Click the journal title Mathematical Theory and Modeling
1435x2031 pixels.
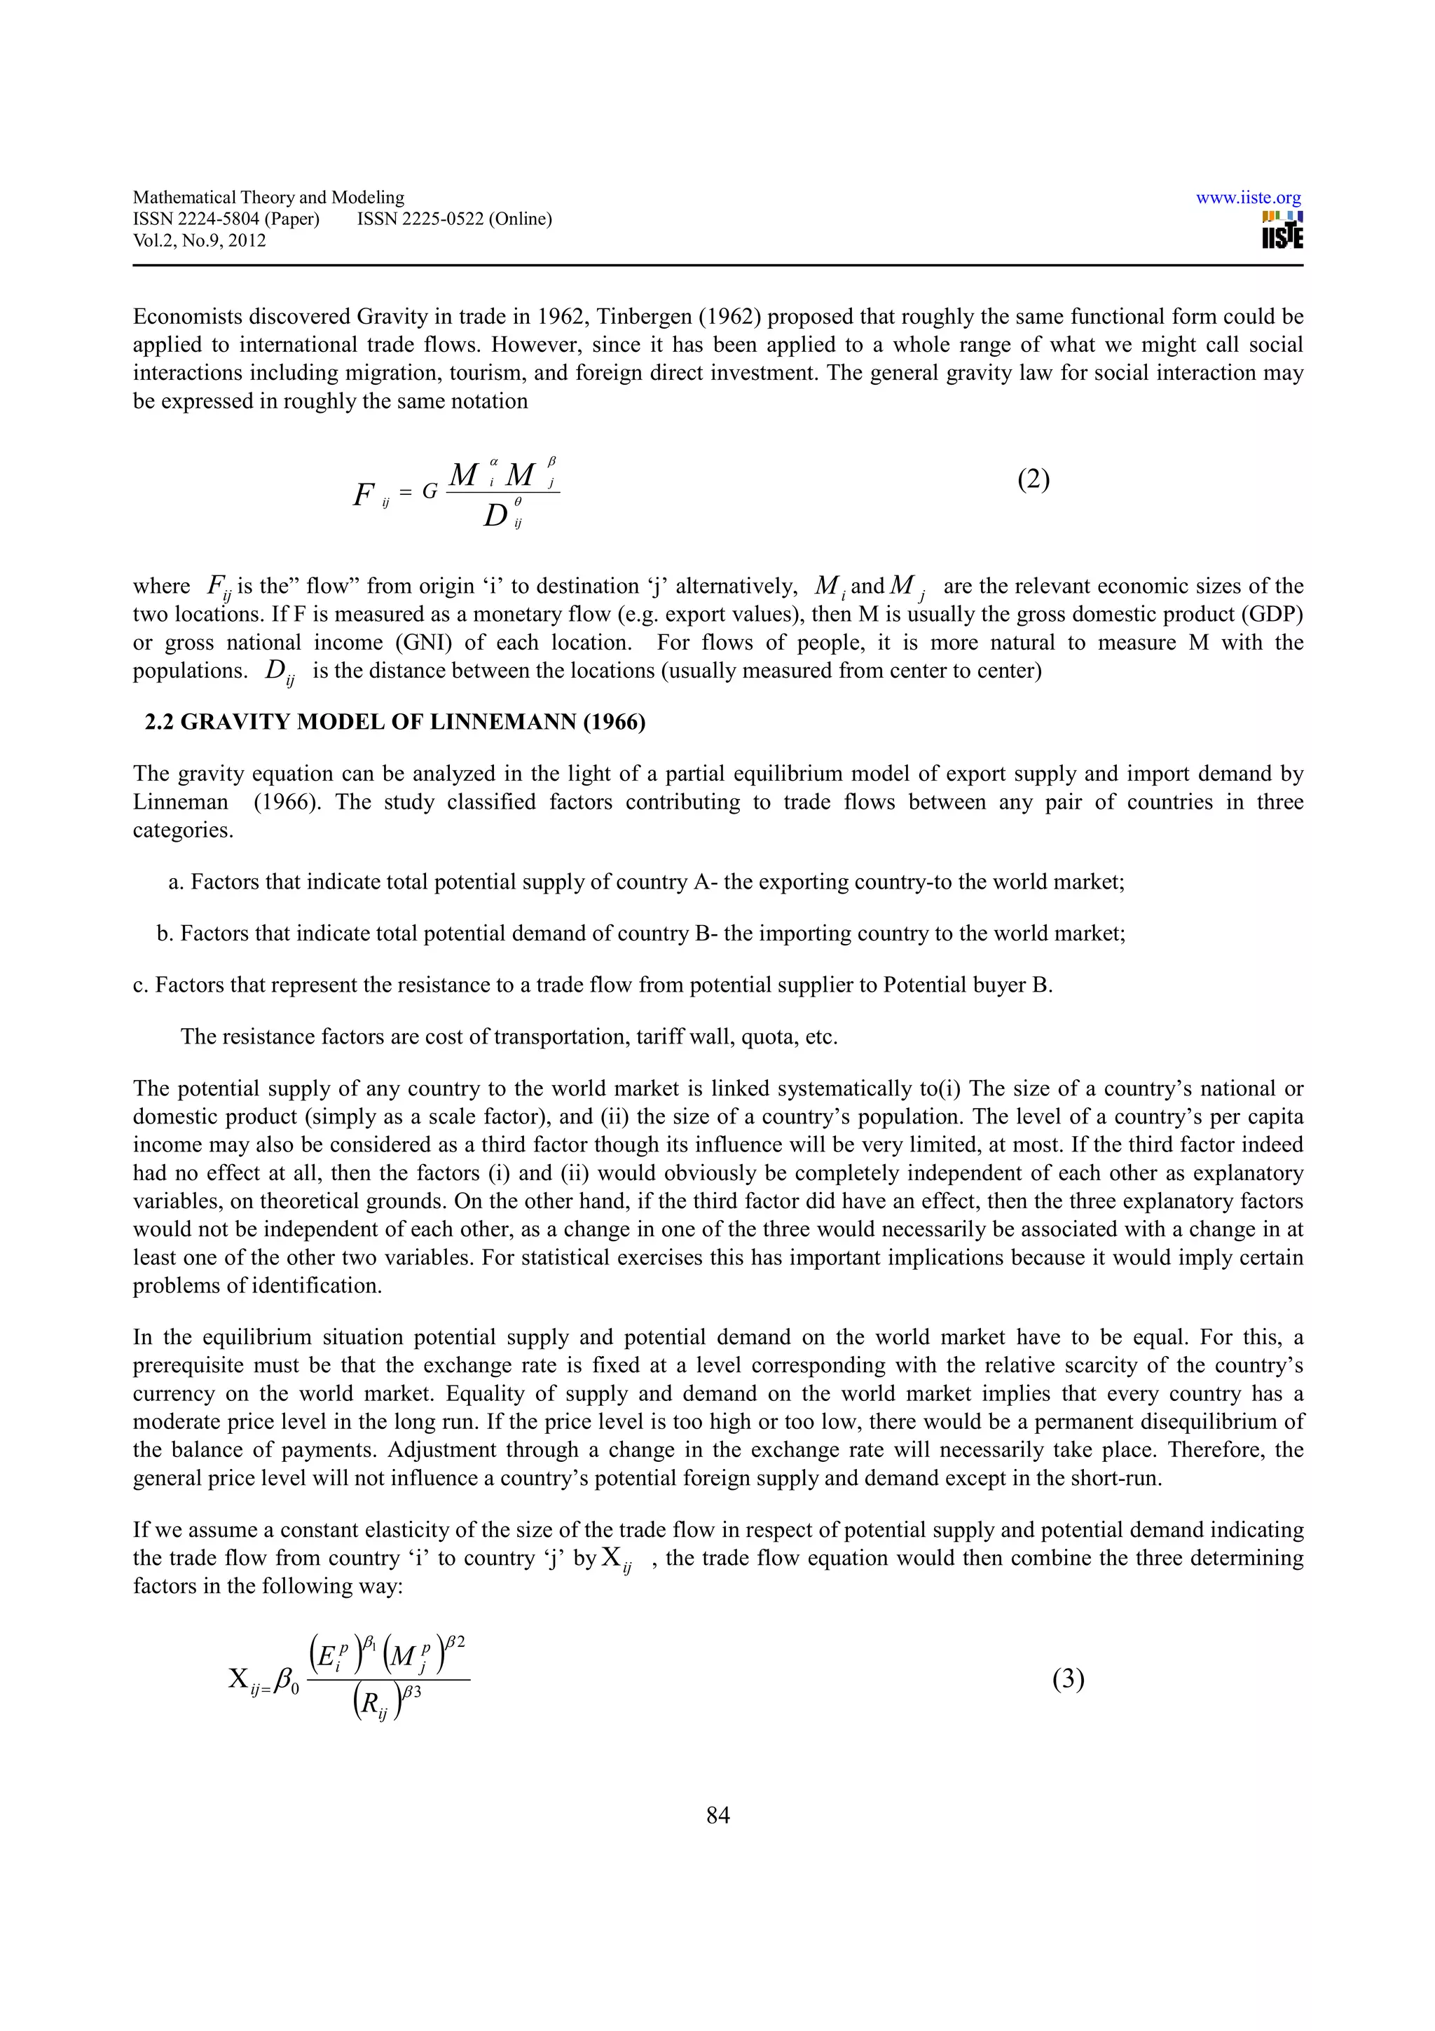coord(268,197)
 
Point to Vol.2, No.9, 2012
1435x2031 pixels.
coord(199,240)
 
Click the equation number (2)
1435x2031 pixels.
coord(1033,479)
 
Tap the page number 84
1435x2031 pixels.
coord(717,1815)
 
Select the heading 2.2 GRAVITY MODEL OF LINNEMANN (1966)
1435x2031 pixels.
coord(394,722)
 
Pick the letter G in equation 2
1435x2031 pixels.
coord(430,492)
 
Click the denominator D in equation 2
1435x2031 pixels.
coord(495,516)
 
